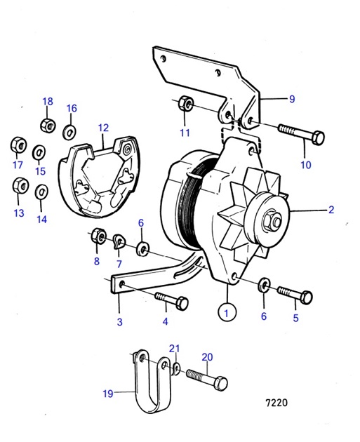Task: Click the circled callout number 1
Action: [226, 309]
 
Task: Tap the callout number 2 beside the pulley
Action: [331, 209]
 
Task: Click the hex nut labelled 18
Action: [48, 126]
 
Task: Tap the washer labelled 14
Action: [41, 192]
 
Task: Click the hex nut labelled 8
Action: [98, 236]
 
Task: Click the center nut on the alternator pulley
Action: [272, 222]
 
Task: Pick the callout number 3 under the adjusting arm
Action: [120, 322]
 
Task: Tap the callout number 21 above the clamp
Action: [175, 349]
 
